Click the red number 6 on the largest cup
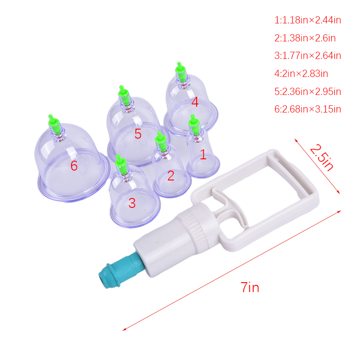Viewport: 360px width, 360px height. (74, 166)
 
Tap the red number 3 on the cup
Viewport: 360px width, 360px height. (132, 203)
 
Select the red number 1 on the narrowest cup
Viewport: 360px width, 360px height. (203, 154)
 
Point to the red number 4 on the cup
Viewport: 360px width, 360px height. (195, 102)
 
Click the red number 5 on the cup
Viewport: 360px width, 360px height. (138, 134)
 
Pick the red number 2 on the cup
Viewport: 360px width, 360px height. (171, 175)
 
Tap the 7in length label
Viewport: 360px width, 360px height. (250, 287)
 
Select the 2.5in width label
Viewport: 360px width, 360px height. (321, 157)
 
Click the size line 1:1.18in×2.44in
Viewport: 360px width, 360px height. (308, 20)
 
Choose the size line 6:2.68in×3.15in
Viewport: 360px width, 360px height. (308, 109)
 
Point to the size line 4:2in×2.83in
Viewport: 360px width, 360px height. (301, 73)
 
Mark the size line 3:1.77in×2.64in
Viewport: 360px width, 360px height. (308, 56)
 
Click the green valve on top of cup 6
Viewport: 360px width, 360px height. (55, 125)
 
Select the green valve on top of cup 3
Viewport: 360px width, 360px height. (121, 164)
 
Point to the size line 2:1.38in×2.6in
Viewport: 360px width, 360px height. (305, 38)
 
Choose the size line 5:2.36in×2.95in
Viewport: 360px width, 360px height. (308, 91)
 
